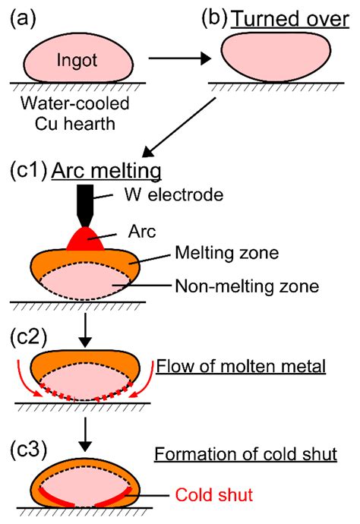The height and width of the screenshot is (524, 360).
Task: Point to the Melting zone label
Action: point(221,251)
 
